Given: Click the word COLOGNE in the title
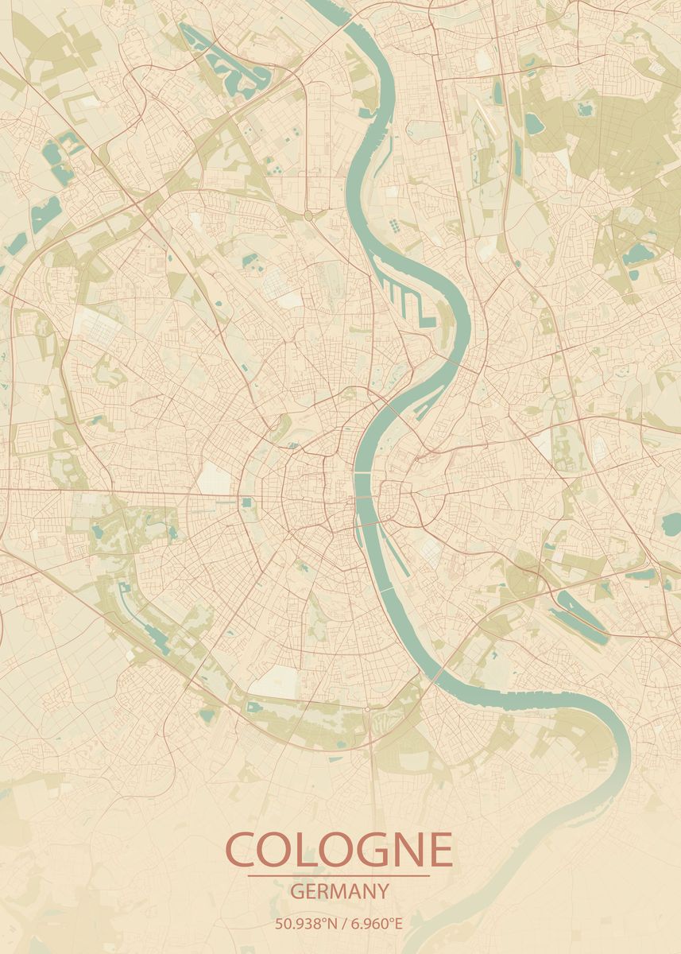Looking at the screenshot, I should coord(339,851).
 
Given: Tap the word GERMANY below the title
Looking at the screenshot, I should coord(339,891).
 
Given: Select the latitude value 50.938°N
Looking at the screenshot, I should coord(303,924).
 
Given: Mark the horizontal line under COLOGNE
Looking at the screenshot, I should coord(339,876).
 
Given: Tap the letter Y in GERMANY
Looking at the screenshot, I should coord(382,891).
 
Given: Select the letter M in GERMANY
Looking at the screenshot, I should coord(335,891).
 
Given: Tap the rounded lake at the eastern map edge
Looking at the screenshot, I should coord(672,524).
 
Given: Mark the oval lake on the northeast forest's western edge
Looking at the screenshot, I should coord(535,123).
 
